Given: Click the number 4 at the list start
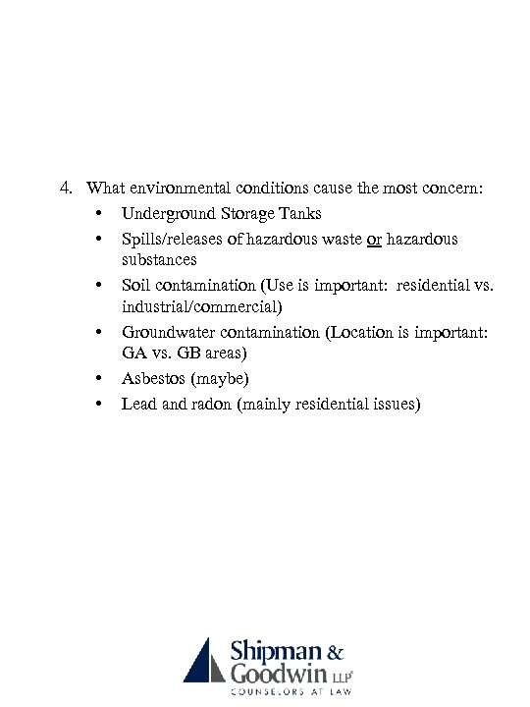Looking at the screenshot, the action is click(x=65, y=188).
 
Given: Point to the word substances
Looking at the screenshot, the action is click(x=159, y=260).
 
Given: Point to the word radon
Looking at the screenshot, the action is click(x=202, y=404).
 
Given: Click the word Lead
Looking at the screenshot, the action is click(x=138, y=404).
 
